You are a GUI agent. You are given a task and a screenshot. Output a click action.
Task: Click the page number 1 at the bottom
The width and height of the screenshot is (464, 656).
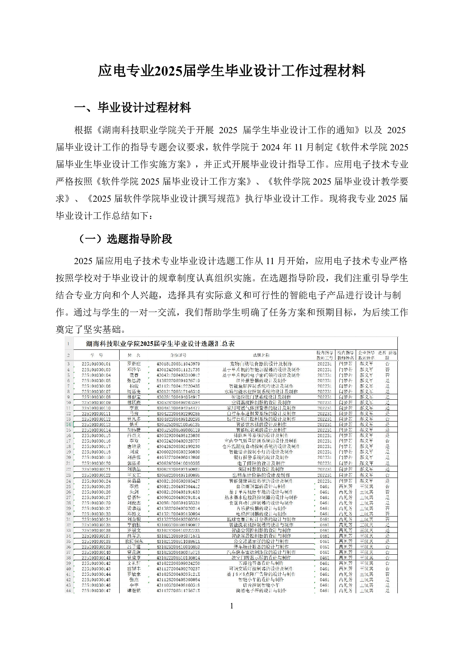(x=232, y=606)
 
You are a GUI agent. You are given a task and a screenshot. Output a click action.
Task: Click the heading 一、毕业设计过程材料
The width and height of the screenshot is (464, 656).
(x=132, y=108)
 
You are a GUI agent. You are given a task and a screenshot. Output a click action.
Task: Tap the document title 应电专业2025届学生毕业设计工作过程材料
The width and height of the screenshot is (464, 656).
(x=231, y=71)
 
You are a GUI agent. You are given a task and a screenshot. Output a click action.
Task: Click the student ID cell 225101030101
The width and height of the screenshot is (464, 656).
(x=96, y=363)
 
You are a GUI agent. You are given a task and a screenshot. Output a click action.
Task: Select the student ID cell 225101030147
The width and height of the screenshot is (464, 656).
(x=96, y=591)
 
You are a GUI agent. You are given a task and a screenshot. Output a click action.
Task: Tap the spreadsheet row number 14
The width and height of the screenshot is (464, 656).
(x=68, y=424)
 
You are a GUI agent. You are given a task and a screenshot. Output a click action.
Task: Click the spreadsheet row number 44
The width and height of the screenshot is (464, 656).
(x=68, y=591)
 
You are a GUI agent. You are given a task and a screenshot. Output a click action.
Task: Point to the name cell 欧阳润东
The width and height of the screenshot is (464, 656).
(x=134, y=541)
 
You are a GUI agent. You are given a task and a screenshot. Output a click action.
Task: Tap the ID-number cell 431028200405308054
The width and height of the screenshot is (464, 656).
(x=178, y=580)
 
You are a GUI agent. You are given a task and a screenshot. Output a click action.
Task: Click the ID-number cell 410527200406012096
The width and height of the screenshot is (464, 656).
(x=178, y=457)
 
